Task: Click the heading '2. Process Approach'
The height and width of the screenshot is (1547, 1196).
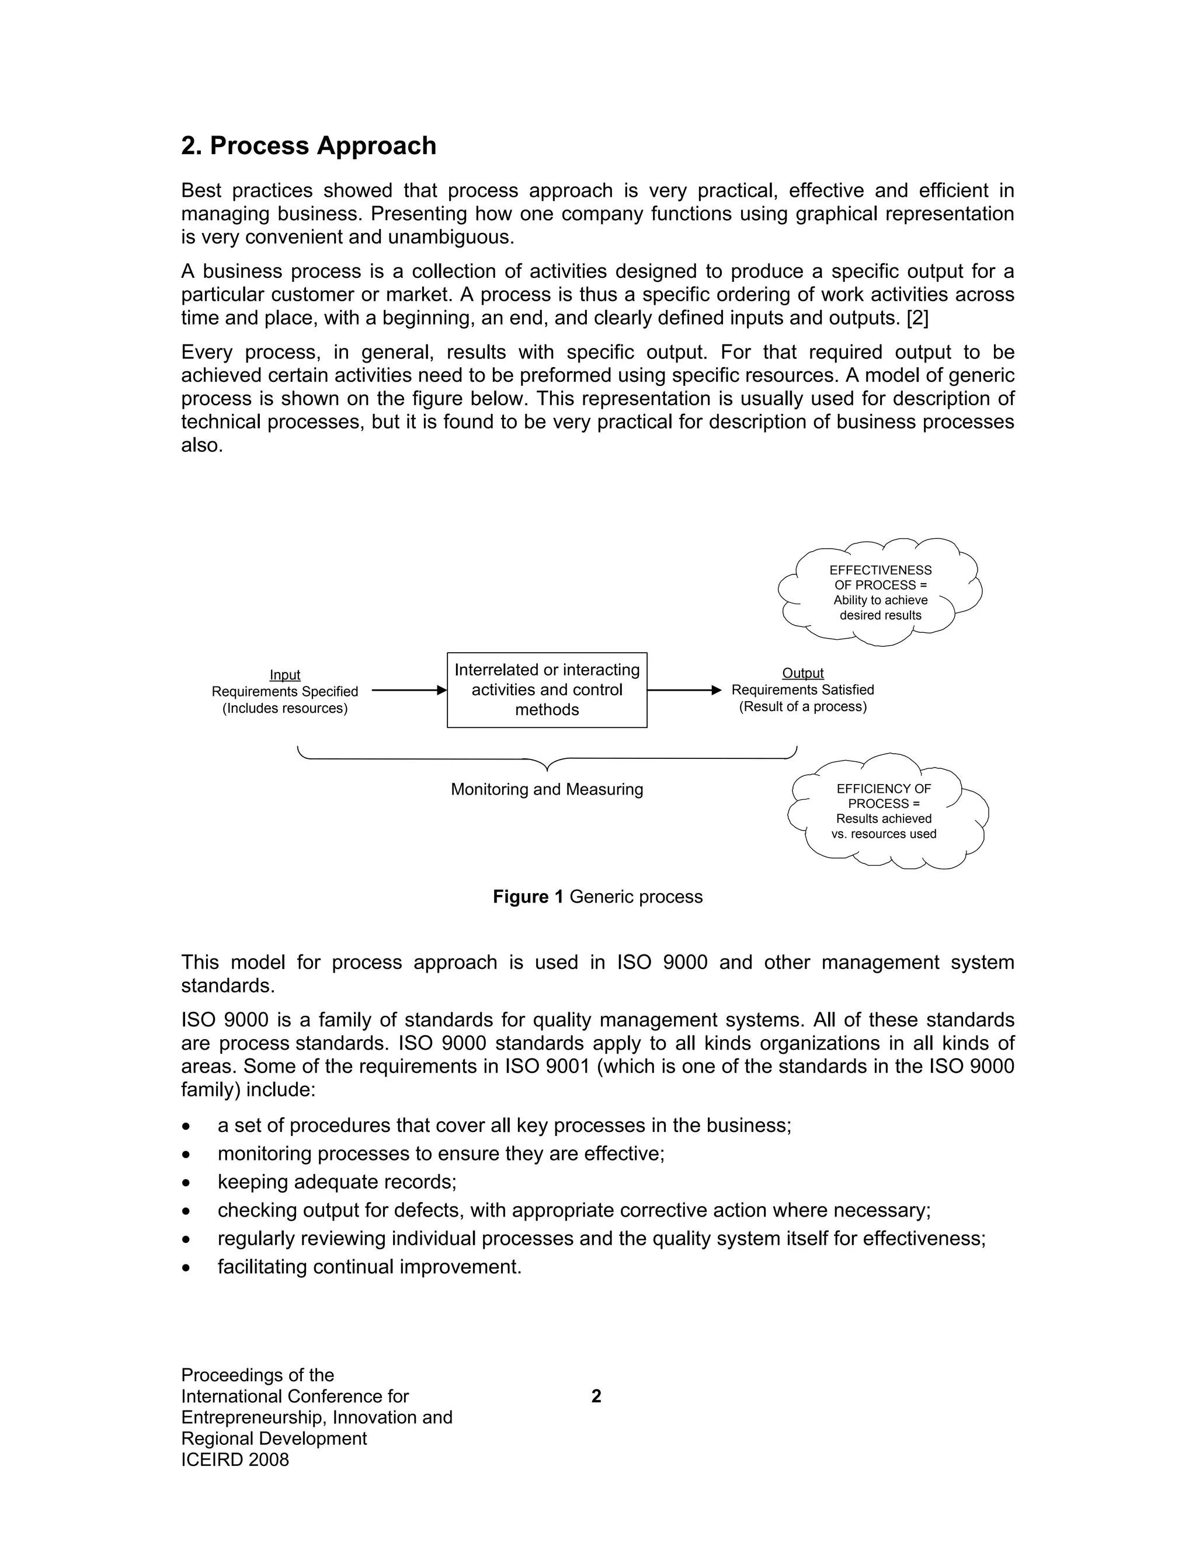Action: [308, 146]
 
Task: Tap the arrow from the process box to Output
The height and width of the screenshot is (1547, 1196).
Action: [683, 690]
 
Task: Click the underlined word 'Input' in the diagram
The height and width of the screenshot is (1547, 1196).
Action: [285, 675]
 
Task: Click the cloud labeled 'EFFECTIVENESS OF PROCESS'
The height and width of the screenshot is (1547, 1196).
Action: [880, 592]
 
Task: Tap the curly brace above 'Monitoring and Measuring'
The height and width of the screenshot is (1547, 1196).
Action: [547, 760]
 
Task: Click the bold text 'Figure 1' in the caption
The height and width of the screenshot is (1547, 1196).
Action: [528, 897]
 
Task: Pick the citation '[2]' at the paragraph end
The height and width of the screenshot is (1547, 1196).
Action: [917, 318]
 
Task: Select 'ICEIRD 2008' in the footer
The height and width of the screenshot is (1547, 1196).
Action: [235, 1459]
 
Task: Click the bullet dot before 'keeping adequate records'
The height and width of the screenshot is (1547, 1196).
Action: [186, 1182]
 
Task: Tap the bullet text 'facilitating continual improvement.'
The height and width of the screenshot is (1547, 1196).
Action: [369, 1267]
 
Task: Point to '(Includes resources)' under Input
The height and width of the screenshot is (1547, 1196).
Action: [285, 708]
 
